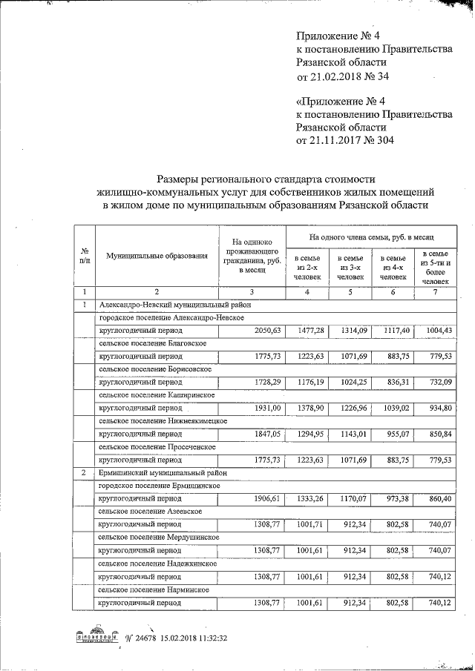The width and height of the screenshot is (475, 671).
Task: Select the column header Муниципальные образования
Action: point(157,256)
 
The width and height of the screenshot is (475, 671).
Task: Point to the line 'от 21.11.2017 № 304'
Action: point(345,140)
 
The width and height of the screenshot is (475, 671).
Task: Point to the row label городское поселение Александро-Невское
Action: point(171,317)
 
